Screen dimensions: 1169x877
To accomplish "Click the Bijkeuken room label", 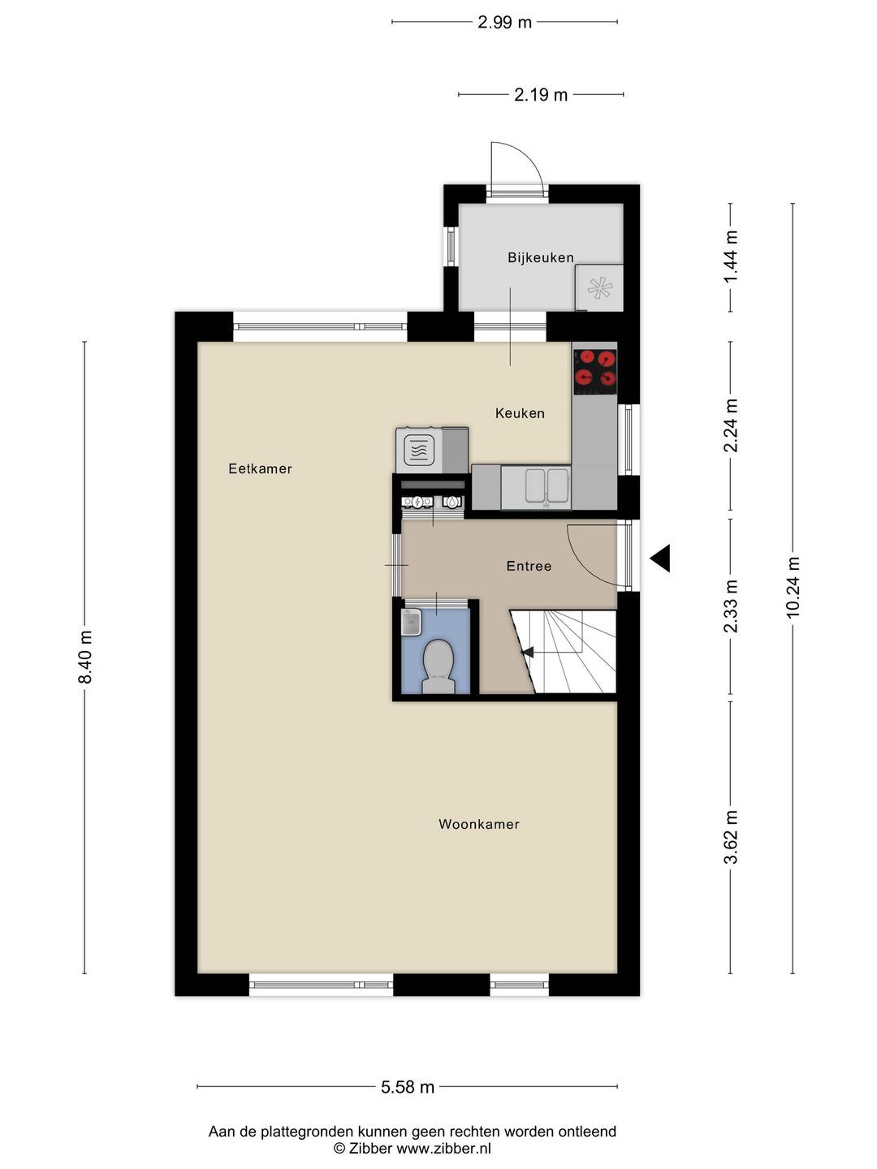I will point(540,257).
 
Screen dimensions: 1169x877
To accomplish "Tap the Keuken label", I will point(520,413).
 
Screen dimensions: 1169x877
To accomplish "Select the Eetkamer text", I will point(260,468).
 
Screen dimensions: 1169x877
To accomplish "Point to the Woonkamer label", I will point(478,824).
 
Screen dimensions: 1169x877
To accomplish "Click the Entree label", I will point(529,566).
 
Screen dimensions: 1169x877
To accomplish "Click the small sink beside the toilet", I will point(412,623).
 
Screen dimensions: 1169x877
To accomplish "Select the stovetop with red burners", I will point(594,368).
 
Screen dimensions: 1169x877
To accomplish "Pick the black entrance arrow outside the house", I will point(660,558).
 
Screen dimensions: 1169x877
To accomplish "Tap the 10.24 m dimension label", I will point(793,587).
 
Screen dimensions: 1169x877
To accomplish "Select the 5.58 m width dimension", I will point(408,1087).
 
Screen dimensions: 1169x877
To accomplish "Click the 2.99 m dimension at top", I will point(504,22).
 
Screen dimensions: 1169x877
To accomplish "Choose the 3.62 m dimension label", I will point(731,837).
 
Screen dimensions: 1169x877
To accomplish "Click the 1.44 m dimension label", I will point(731,257).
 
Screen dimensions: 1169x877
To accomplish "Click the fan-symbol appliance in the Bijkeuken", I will point(599,288).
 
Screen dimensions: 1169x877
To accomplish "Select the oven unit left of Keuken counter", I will point(420,450).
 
